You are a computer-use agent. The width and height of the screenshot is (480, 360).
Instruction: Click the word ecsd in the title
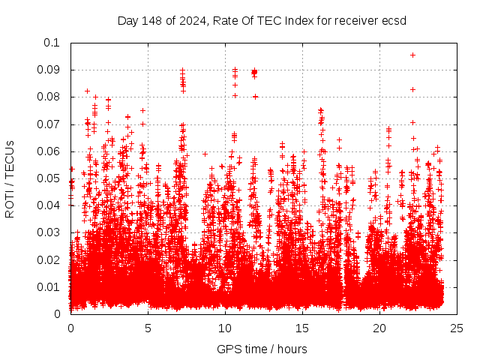click(x=394, y=20)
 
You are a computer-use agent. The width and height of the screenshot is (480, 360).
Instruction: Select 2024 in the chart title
click(x=190, y=20)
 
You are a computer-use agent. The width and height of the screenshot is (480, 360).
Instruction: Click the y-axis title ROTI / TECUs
click(x=10, y=178)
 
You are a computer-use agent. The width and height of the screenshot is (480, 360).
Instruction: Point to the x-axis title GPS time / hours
click(x=262, y=349)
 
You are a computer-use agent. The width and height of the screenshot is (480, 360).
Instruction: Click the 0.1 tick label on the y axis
click(x=51, y=43)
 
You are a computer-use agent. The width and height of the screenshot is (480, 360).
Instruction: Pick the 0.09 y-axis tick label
click(x=48, y=70)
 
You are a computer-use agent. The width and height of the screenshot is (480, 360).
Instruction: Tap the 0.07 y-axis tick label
click(x=48, y=124)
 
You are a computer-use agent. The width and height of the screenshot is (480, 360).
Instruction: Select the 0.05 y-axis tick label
click(x=48, y=178)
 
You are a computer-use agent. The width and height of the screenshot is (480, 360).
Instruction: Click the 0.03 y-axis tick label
click(x=48, y=232)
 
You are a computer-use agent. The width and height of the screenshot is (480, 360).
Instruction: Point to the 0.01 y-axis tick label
click(x=48, y=286)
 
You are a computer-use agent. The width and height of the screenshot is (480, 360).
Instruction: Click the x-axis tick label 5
click(x=148, y=328)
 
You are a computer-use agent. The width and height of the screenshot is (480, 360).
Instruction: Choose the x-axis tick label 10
click(x=226, y=328)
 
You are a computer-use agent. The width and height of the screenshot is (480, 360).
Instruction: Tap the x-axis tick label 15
click(x=303, y=328)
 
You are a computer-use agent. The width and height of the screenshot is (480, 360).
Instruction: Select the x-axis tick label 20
click(x=380, y=328)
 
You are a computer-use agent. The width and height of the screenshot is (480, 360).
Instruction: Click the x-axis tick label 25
click(x=457, y=328)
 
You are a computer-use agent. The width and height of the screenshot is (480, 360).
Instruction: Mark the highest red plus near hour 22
click(x=412, y=55)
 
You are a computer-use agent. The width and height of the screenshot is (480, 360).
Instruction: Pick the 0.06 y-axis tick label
click(x=48, y=151)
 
